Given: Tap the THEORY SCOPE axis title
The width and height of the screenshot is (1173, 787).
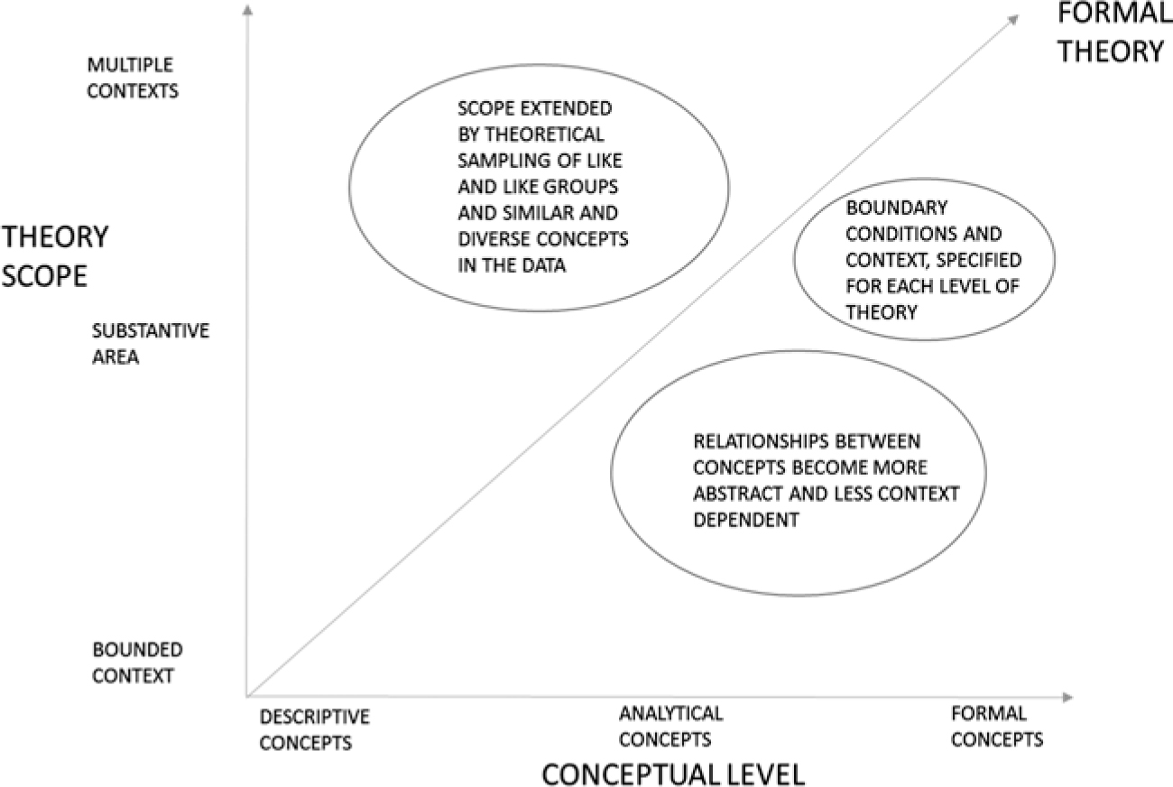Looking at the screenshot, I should (x=55, y=256).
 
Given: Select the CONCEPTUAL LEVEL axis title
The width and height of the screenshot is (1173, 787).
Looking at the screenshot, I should (x=672, y=773).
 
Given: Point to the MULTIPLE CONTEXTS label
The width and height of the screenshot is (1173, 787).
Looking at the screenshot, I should (x=133, y=78).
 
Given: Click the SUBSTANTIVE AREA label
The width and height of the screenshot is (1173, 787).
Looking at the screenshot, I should (x=150, y=343).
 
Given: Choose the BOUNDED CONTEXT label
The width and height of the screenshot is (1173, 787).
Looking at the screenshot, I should (x=137, y=662).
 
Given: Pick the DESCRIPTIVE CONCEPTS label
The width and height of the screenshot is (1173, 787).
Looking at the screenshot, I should (x=314, y=729).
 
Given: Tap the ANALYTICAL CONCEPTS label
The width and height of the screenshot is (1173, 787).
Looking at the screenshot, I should (x=670, y=726).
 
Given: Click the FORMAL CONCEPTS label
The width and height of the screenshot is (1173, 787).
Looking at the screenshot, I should (x=996, y=726).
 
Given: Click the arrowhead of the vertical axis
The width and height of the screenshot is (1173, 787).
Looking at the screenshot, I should (x=246, y=11).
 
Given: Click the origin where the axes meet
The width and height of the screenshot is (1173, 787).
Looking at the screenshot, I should (x=246, y=697).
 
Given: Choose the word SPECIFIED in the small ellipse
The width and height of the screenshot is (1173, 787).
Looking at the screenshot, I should (x=979, y=260).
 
